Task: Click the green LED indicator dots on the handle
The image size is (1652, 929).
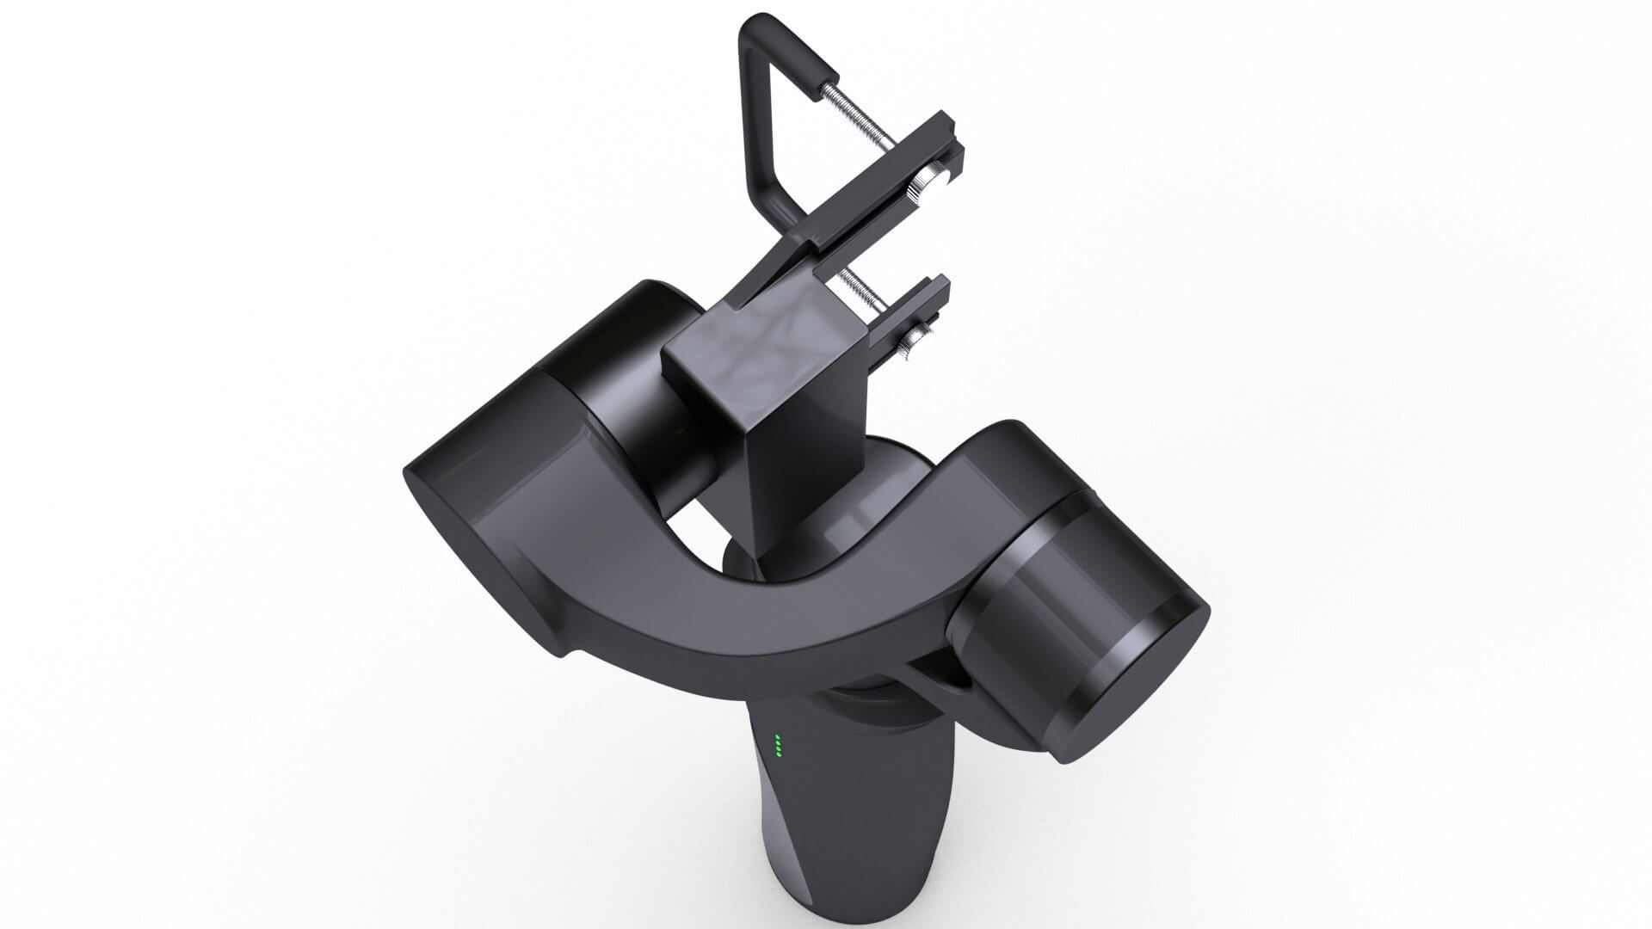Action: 778,746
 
